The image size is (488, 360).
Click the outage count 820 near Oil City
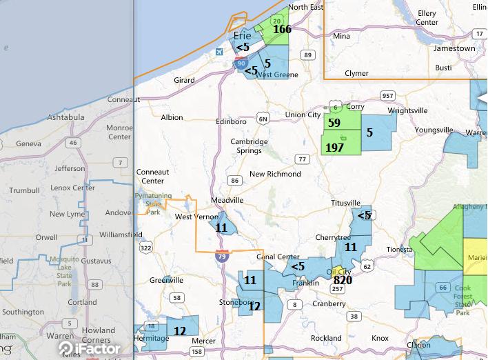pyautogui.click(x=343, y=280)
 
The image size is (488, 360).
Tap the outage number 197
pyautogui.click(x=334, y=148)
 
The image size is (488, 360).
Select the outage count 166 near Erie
pyautogui.click(x=282, y=30)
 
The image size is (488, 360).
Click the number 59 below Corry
pyautogui.click(x=334, y=123)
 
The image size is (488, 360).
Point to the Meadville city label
pyautogui.click(x=227, y=200)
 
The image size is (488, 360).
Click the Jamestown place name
pyautogui.click(x=454, y=49)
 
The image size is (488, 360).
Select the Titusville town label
pyautogui.click(x=346, y=203)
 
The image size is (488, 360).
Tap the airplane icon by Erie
pyautogui.click(x=220, y=52)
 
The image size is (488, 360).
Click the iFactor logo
pyautogui.click(x=89, y=348)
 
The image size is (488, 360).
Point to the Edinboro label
pyautogui.click(x=231, y=122)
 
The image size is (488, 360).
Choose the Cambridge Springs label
pyautogui.click(x=249, y=146)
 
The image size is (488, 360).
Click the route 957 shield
pyautogui.click(x=388, y=95)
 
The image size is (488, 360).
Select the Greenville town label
pyautogui.click(x=166, y=281)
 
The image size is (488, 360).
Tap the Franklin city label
pyautogui.click(x=305, y=283)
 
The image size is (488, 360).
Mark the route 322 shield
pyautogui.click(x=145, y=247)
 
